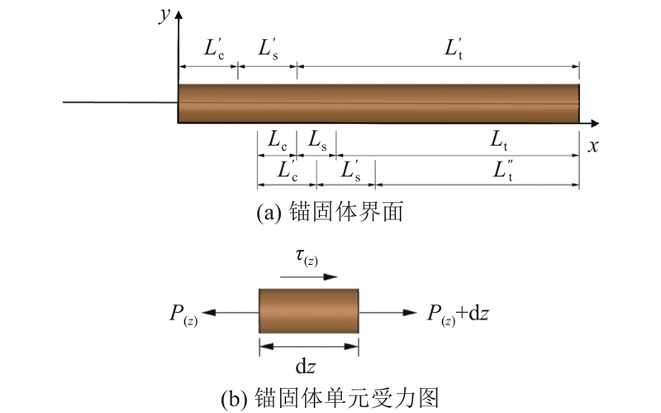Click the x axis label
(592, 146)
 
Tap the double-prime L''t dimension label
(503, 171)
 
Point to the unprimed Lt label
(498, 142)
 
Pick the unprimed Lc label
(277, 142)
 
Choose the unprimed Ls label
(318, 142)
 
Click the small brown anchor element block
(308, 311)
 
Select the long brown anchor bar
(378, 103)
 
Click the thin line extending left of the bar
(121, 103)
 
